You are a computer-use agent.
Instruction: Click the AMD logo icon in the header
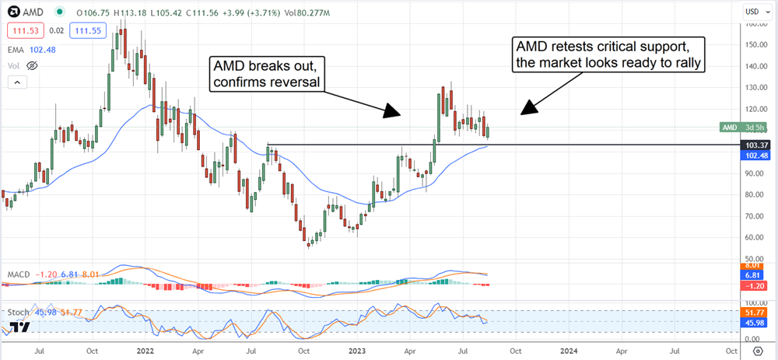(12, 12)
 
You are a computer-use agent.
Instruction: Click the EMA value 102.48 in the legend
(45, 48)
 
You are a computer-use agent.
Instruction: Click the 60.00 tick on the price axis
(752, 237)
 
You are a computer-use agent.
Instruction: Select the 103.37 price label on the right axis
(755, 145)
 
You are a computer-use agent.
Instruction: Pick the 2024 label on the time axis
(567, 351)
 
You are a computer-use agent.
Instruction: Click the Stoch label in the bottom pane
(19, 313)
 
